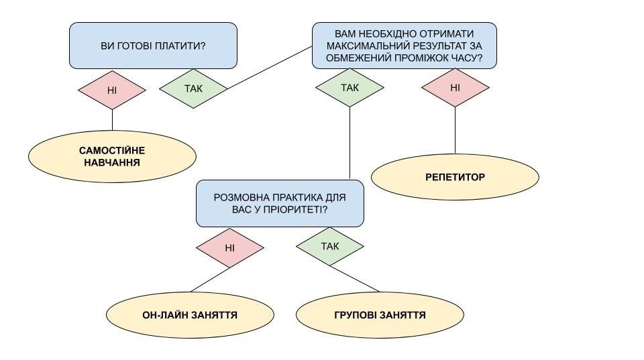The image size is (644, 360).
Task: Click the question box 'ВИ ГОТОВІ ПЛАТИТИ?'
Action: (x=153, y=46)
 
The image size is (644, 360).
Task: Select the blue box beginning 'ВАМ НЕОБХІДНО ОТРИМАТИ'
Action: (x=404, y=46)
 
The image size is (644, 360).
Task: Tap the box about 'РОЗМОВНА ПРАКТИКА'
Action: (x=280, y=203)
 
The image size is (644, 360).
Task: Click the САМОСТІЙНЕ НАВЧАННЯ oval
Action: (x=112, y=156)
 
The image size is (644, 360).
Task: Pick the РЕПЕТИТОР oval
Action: (x=455, y=178)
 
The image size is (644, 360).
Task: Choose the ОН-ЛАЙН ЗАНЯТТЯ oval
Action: (x=190, y=314)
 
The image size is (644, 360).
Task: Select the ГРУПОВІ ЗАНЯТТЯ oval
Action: (x=380, y=314)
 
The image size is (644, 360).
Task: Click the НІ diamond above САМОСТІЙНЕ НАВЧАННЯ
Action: (x=112, y=89)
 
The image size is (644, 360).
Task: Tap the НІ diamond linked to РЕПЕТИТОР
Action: (x=455, y=87)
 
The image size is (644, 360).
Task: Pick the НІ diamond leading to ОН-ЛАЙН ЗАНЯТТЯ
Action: (x=229, y=247)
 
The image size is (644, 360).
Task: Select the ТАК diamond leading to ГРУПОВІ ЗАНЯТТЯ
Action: (x=330, y=246)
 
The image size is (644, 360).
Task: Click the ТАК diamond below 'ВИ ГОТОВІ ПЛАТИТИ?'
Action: (x=193, y=88)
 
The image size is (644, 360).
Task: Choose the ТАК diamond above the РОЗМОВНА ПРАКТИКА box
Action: (x=350, y=88)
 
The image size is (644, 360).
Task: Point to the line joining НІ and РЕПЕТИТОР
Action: (x=455, y=131)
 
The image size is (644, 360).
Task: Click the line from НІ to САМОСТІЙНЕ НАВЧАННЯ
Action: (x=112, y=119)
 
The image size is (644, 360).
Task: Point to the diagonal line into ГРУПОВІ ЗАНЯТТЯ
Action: (x=356, y=279)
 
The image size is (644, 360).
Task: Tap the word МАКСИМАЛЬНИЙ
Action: (x=366, y=46)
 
